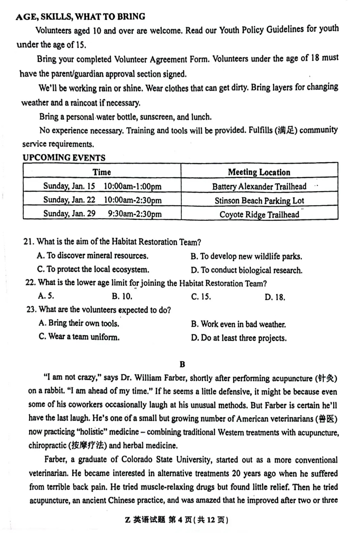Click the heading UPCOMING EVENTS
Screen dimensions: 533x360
64,158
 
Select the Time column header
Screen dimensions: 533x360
102,172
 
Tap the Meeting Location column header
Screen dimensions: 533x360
259,172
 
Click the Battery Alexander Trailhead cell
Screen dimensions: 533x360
259,186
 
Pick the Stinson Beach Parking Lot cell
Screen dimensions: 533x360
259,201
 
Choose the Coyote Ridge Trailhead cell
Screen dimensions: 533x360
259,214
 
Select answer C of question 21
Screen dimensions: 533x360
93,269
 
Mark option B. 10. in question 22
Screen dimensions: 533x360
122,296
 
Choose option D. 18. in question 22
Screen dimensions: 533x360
275,297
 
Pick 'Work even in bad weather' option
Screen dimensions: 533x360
238,324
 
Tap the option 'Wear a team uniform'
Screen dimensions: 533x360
79,337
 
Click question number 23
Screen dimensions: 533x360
31,309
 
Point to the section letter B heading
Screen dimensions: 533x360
182,364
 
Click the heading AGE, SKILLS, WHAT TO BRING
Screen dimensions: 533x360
81,16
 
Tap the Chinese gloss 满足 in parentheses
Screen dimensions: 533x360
286,130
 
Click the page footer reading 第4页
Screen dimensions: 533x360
180,520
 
